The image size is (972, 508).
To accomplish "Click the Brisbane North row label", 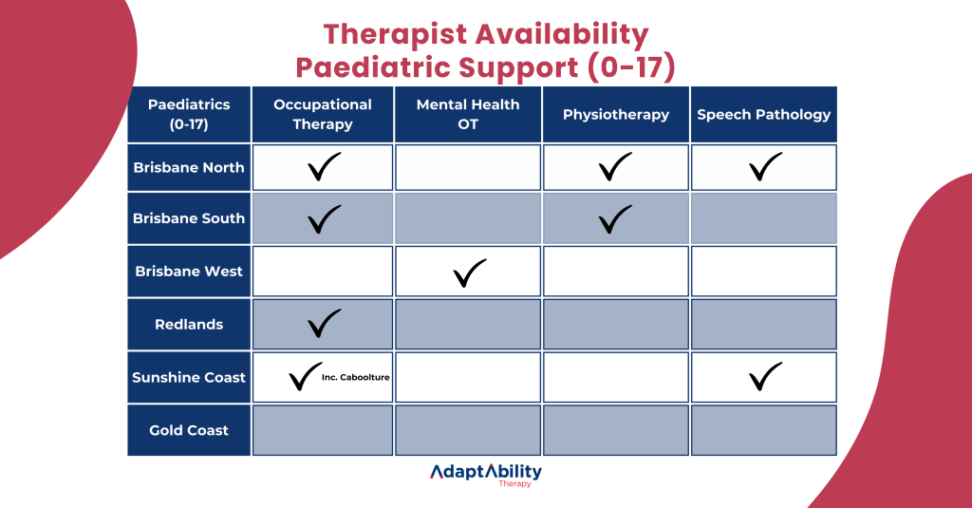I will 189,168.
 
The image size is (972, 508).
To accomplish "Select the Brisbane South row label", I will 189,218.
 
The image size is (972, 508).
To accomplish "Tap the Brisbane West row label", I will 189,272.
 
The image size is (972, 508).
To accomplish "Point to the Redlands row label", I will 189,325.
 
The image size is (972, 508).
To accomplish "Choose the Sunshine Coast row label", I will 189,378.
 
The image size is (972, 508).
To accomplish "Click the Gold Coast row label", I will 189,431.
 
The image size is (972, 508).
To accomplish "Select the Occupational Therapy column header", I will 323,115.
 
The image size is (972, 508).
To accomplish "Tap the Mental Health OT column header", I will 468,115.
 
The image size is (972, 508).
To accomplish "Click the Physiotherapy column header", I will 616,115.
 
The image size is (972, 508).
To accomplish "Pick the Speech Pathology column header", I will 764,115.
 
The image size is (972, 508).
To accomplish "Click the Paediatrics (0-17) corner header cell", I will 189,115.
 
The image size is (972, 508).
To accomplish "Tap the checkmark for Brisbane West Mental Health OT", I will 469,273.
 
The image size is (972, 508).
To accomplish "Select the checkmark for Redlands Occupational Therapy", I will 324,324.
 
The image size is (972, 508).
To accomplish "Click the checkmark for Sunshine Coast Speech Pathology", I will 765,376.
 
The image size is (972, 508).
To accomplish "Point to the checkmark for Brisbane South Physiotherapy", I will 615,219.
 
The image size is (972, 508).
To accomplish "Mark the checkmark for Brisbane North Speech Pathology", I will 765,167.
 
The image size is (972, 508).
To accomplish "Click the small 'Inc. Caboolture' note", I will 356,378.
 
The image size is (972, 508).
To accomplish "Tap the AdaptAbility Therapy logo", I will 486,475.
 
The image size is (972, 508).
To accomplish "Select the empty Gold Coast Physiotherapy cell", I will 616,431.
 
